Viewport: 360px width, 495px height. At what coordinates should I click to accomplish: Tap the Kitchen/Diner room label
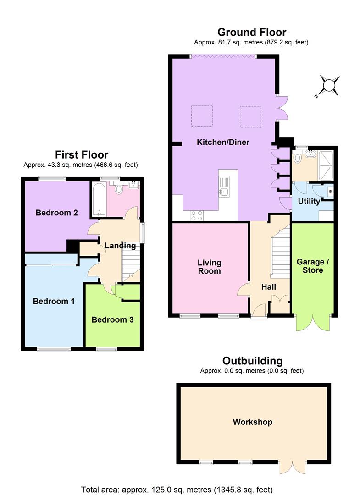tap(223, 142)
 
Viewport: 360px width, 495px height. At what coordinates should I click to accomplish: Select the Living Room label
tap(209, 267)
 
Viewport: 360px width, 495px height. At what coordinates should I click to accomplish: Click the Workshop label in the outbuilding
tap(252, 422)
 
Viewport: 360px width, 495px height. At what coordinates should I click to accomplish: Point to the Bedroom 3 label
tap(112, 319)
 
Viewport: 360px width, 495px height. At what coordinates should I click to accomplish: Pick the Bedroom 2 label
tap(56, 213)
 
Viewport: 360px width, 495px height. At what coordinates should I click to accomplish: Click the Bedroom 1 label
tap(54, 301)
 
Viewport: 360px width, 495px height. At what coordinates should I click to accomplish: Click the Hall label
tap(268, 287)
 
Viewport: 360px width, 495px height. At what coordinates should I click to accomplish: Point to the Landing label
tap(120, 246)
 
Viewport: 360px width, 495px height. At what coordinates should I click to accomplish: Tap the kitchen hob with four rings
tap(197, 215)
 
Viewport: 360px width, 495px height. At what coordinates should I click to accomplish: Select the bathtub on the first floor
tap(99, 200)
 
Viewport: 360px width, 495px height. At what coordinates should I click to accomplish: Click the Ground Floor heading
tap(251, 32)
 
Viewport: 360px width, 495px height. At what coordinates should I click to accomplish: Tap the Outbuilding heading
tap(252, 361)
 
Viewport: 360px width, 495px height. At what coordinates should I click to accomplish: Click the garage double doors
tap(313, 322)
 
